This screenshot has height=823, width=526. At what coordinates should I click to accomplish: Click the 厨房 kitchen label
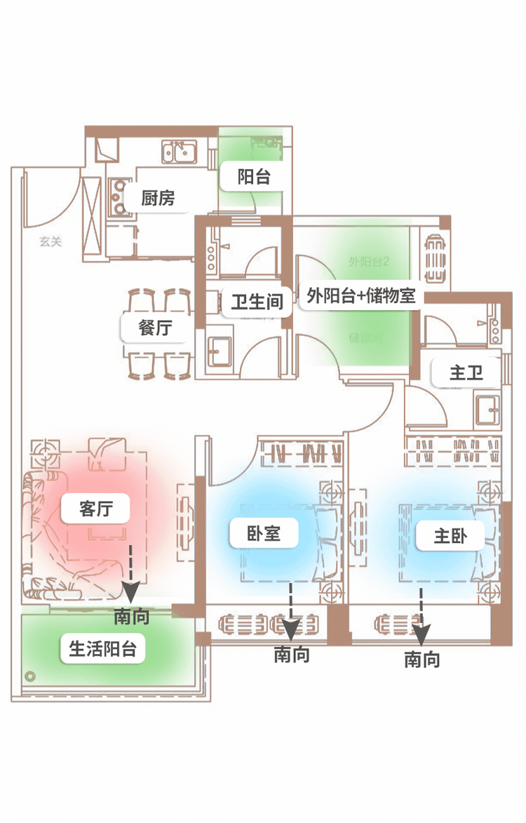click(158, 199)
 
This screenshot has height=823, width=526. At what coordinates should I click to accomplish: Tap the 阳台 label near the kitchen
click(254, 177)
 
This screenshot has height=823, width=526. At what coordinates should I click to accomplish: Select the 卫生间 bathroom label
click(257, 302)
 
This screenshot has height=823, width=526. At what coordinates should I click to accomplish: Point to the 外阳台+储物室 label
click(360, 296)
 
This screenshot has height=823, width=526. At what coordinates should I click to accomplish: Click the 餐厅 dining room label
click(155, 327)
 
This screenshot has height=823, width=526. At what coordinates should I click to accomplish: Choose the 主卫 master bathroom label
click(466, 373)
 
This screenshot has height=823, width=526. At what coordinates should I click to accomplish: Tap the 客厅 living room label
click(95, 508)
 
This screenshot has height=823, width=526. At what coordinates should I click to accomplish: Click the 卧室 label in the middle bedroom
click(264, 533)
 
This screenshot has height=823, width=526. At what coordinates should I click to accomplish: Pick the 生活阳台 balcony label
click(102, 649)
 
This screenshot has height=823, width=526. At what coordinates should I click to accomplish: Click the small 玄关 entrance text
click(50, 242)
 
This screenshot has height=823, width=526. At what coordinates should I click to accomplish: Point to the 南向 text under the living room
click(131, 617)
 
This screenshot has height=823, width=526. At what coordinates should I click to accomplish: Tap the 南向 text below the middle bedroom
click(291, 655)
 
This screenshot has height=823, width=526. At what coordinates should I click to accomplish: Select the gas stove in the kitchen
click(119, 197)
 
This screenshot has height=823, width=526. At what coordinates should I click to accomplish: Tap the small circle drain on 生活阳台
click(30, 676)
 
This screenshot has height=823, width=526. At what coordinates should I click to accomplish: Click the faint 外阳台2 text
click(369, 262)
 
